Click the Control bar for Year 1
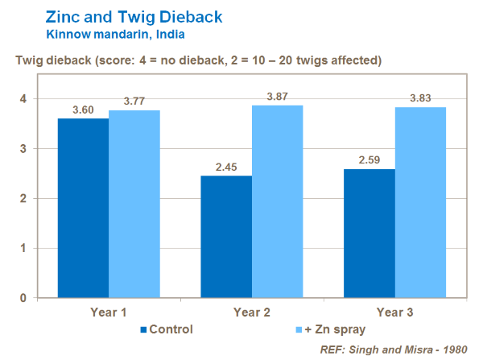point(83,208)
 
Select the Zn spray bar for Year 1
point(134,204)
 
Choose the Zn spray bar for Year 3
point(420,202)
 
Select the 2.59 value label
point(369,161)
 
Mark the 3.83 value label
point(420,99)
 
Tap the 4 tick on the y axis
point(23,99)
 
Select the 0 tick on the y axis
point(23,298)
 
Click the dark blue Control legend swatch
point(144,329)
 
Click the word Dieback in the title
point(186,15)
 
